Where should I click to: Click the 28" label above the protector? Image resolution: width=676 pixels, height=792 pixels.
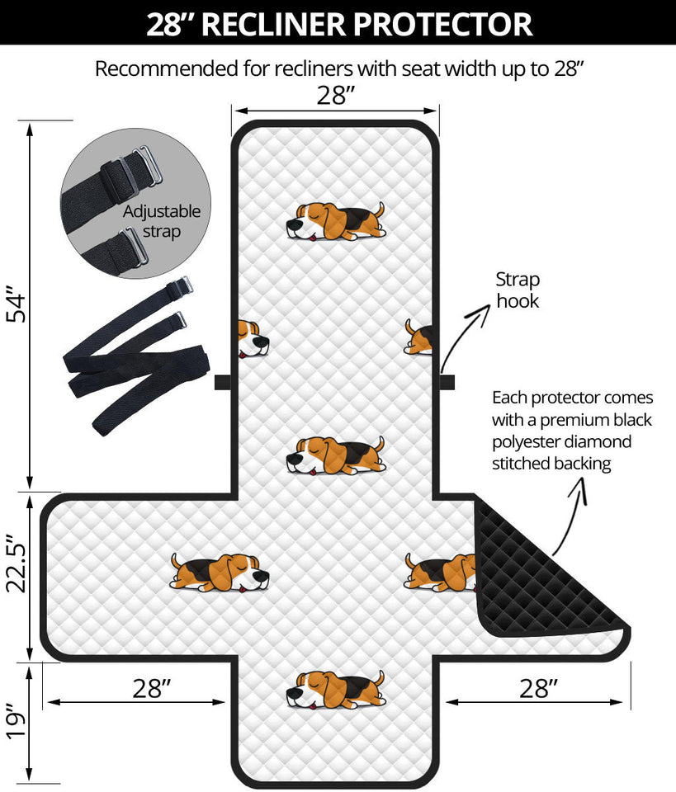coord(335,96)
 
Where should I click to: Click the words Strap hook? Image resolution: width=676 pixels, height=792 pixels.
coord(518,290)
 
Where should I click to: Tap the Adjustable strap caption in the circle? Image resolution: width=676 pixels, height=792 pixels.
coord(162,221)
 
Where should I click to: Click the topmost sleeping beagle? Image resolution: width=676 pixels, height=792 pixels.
coord(335,221)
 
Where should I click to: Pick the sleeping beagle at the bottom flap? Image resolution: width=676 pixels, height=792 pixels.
coord(335,689)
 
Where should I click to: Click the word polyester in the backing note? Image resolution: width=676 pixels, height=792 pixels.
coord(530,441)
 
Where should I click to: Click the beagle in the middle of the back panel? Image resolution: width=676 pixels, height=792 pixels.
coord(335,455)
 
